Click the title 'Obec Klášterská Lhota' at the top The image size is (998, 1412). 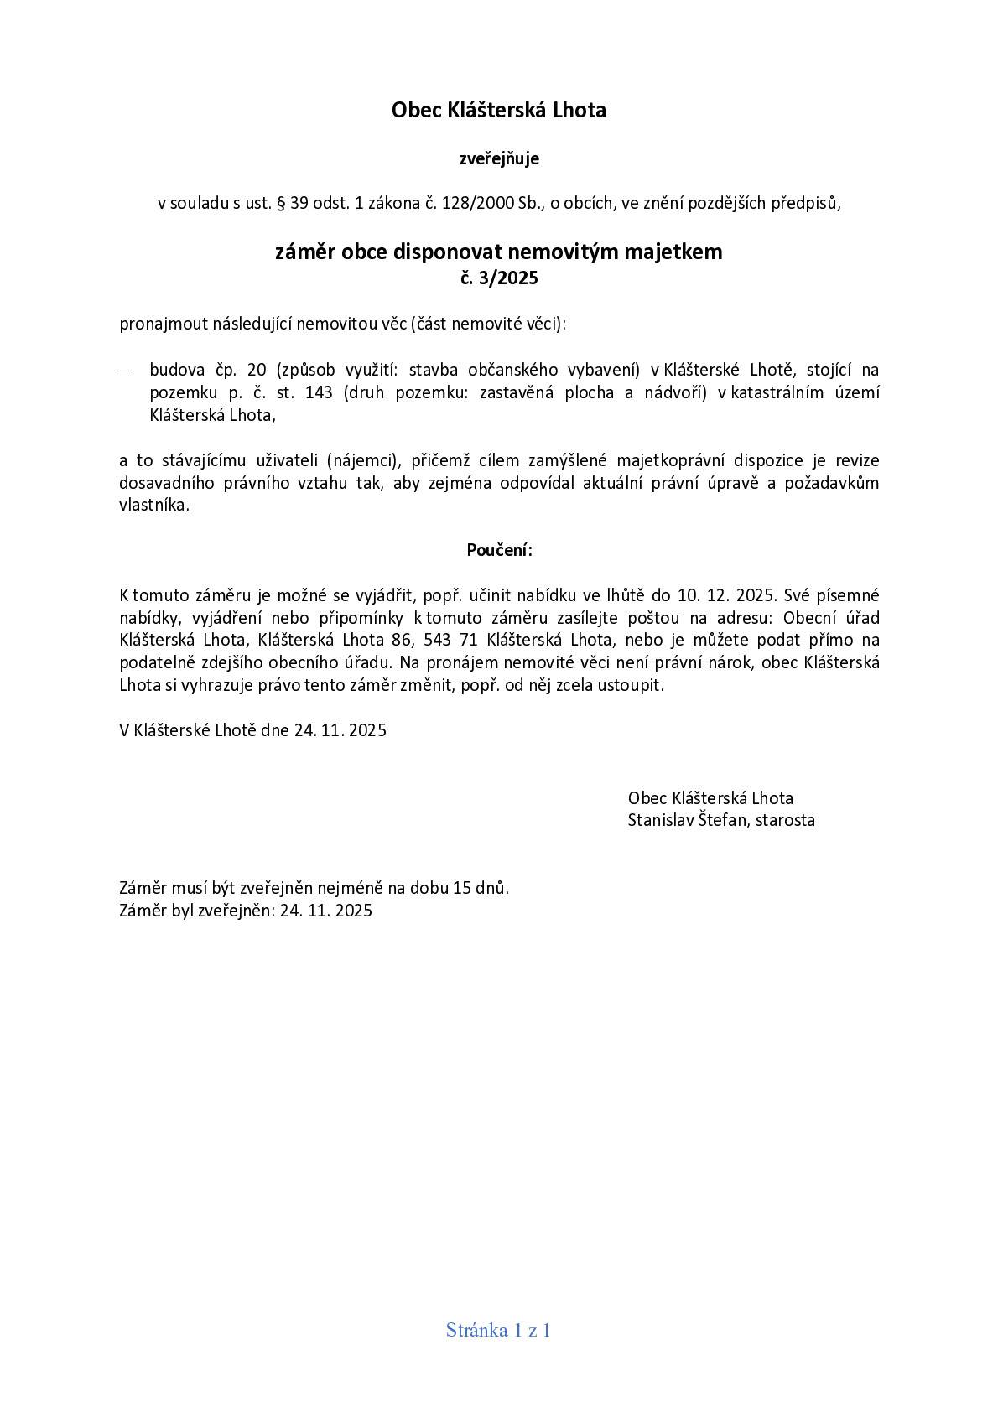click(x=498, y=110)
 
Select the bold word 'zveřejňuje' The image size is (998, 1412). click(x=499, y=158)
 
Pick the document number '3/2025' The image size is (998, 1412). click(x=509, y=278)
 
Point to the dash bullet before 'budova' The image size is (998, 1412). click(x=125, y=371)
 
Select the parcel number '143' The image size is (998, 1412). click(x=320, y=392)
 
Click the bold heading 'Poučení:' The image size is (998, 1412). click(x=499, y=551)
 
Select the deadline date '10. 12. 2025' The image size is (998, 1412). click(x=728, y=595)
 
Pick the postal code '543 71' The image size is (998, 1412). click(x=455, y=641)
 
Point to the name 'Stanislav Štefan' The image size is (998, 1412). click(x=687, y=820)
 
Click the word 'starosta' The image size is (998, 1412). click(x=785, y=820)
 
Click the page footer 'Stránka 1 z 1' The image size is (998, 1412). click(x=498, y=1330)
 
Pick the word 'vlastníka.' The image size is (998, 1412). click(x=154, y=506)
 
